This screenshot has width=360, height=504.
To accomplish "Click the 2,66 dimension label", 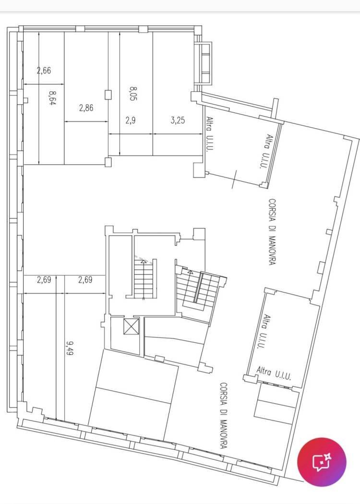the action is click(44, 70).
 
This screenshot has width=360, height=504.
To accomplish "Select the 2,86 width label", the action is click(86, 108).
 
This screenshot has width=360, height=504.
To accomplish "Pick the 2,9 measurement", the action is click(130, 120).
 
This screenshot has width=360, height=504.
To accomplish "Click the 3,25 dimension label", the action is click(178, 120).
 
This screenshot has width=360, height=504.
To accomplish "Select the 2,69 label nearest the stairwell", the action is click(85, 280).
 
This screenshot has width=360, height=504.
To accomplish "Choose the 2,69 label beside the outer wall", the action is click(44, 280).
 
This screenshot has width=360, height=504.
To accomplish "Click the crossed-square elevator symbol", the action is click(131, 326).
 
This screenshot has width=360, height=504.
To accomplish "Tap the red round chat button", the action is click(322, 462).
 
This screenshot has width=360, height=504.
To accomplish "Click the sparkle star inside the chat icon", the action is click(327, 457).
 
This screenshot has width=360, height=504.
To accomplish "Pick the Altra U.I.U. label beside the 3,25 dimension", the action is click(210, 134).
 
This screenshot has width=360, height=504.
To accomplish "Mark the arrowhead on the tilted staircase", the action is click(190, 272).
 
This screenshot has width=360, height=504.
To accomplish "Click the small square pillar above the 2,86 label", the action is click(108, 95).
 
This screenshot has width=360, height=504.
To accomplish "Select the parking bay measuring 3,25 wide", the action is click(178, 94).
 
